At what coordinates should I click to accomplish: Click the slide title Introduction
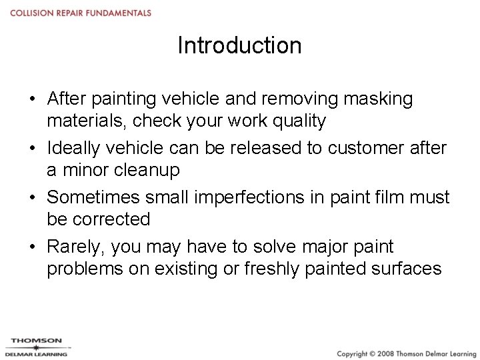pyautogui.click(x=239, y=45)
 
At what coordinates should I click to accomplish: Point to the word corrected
pyautogui.click(x=113, y=219)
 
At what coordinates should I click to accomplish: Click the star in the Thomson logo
pyautogui.click(x=36, y=347)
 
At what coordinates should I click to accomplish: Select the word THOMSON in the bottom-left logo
pyautogui.click(x=36, y=341)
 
